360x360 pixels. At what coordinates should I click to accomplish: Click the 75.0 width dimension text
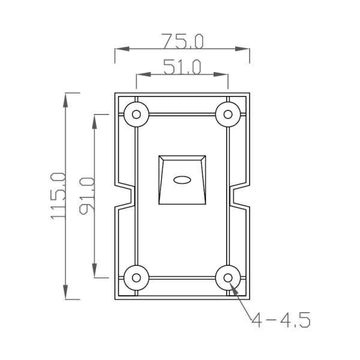(182, 41)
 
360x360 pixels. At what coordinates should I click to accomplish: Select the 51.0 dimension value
(182, 67)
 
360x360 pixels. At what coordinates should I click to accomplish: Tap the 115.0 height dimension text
(58, 196)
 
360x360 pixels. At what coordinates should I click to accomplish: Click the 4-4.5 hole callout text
(280, 321)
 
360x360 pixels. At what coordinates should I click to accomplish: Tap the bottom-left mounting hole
(137, 278)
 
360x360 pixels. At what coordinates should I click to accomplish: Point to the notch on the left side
(127, 196)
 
